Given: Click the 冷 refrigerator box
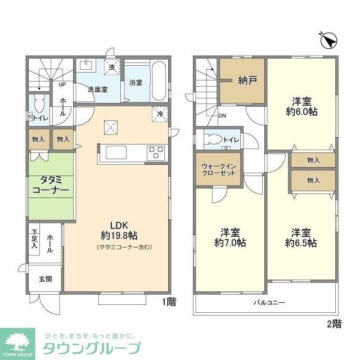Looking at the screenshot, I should coord(160,114).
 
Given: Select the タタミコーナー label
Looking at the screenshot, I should coord(51,186).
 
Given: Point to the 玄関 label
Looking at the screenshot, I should coord(45,278).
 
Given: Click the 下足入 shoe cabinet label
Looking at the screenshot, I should coord(34,239).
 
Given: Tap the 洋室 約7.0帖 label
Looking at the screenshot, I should coord(230,237).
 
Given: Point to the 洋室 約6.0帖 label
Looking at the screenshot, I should coord(301,106).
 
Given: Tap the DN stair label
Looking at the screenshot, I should coord(223,116).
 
